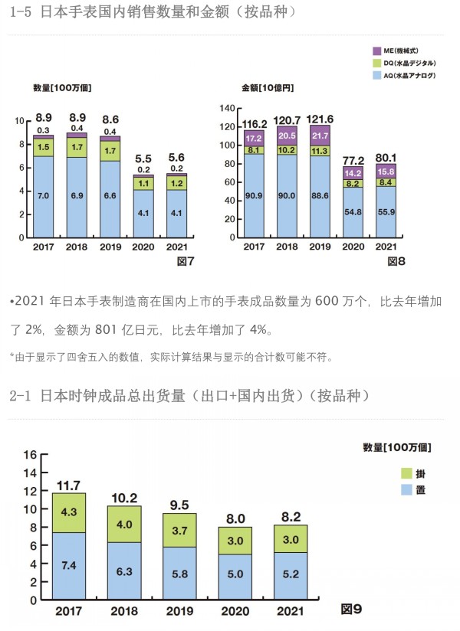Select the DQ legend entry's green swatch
coord(376,62)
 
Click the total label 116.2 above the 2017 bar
coord(254,123)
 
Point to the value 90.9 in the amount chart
coord(254,196)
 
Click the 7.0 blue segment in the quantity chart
coord(43,196)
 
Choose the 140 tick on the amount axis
coord(227,108)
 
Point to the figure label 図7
coord(186,262)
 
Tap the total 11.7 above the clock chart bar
coord(68,485)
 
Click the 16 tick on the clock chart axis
coord(31,454)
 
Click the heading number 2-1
coord(24,396)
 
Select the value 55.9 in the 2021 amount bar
coord(385,211)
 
